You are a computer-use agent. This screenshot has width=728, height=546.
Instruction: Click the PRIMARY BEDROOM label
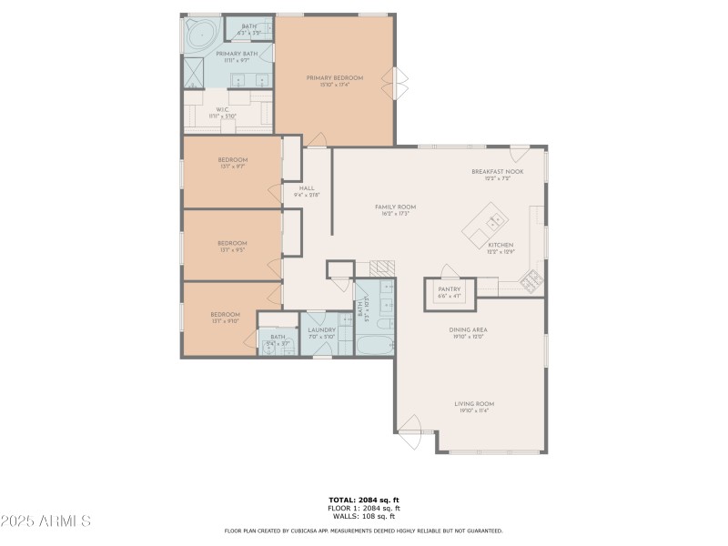(x=334, y=78)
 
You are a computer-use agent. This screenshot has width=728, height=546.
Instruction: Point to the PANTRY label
(x=450, y=289)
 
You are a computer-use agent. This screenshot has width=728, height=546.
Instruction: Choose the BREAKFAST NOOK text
(x=497, y=172)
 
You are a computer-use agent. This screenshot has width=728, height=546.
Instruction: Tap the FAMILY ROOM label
(x=395, y=207)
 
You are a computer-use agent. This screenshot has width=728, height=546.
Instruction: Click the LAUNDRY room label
(x=321, y=330)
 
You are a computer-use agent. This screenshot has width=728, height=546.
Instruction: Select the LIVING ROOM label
(x=474, y=404)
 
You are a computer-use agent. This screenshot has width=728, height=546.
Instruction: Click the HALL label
(x=306, y=188)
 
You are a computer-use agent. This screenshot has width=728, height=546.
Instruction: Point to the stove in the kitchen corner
(x=531, y=282)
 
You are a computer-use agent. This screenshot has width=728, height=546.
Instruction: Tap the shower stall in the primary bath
(x=195, y=71)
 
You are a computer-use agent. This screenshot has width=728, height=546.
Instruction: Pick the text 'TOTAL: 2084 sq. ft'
(x=363, y=500)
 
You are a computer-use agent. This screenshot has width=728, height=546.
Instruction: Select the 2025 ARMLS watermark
(x=45, y=521)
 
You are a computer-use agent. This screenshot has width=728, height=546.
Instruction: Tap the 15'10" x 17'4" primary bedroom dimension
(x=334, y=85)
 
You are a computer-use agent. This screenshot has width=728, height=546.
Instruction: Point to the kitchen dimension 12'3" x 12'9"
(x=500, y=251)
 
